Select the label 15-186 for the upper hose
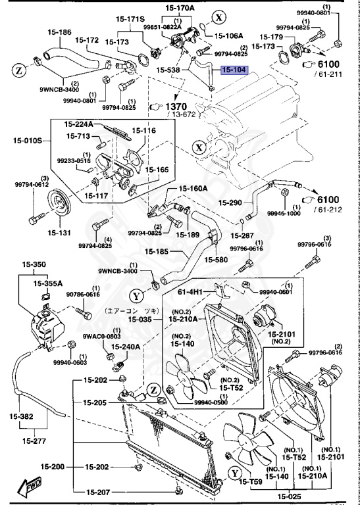tap(59, 32)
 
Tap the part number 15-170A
tap(180, 8)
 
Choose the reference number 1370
tap(176, 106)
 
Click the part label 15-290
tap(231, 203)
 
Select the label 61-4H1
tap(191, 291)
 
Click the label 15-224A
tap(79, 124)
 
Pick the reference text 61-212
tap(328, 210)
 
